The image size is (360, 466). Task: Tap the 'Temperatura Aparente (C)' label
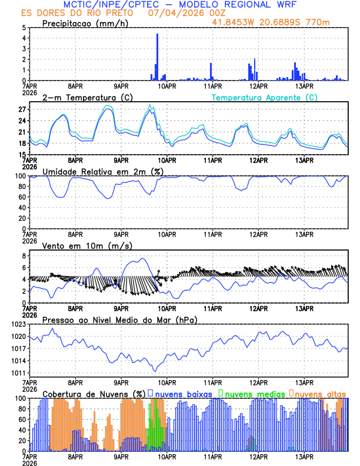(264, 97)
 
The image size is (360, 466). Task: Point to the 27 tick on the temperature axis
(22, 109)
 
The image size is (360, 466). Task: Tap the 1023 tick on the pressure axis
(19, 325)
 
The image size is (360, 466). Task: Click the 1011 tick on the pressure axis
(19, 373)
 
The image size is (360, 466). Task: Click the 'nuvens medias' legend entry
(251, 393)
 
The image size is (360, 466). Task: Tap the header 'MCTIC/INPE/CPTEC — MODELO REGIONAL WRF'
(180, 4)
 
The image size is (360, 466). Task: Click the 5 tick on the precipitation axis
(24, 28)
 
